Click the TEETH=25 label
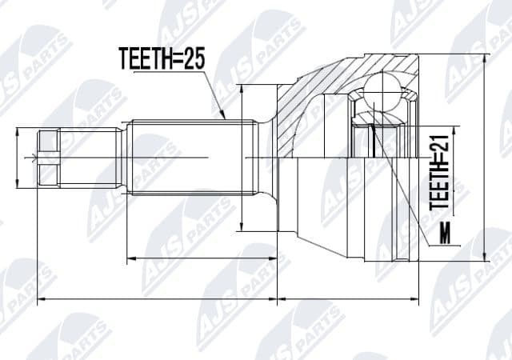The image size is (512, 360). (162, 58)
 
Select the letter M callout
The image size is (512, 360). (445, 234)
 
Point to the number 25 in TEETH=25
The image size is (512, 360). (194, 58)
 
